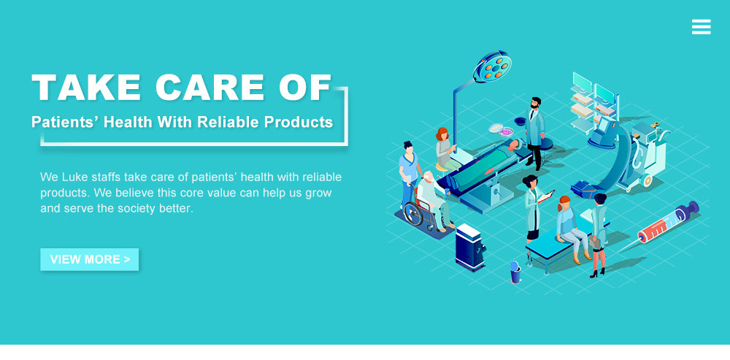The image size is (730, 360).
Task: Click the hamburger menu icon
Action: [701, 26]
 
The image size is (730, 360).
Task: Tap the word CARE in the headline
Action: [210, 87]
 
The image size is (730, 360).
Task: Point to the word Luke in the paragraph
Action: [74, 177]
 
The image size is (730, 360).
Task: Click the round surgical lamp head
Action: [492, 66]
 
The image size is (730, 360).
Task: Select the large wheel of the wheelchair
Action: [414, 213]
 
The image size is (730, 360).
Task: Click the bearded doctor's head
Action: [536, 102]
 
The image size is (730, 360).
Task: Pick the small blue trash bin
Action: [515, 272]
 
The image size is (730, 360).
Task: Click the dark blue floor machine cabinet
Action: [470, 247]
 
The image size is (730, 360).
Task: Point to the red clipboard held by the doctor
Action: [545, 196]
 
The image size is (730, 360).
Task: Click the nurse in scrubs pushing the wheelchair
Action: [410, 173]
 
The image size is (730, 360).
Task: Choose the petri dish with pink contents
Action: [506, 131]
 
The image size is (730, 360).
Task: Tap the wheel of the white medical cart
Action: [647, 180]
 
